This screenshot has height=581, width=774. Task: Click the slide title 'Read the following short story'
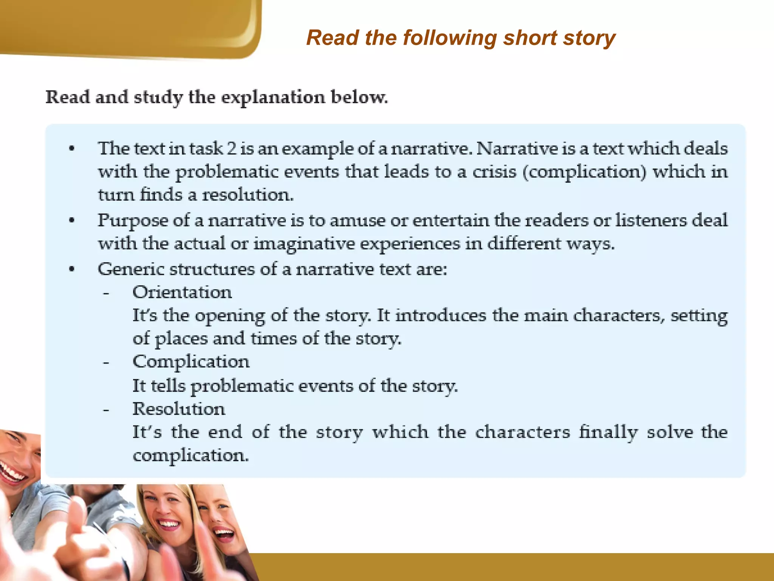[461, 38]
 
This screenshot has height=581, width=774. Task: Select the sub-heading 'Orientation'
[182, 292]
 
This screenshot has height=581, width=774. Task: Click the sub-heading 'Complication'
[191, 362]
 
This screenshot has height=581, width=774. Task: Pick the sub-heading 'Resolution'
[179, 409]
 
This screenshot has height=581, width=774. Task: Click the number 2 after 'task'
[232, 149]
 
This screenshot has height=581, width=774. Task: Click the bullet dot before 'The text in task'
[72, 149]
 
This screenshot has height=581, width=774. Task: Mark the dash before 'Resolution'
[106, 410]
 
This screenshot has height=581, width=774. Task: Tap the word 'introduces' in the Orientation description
[441, 315]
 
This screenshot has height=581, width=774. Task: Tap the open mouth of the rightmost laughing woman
[224, 534]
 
